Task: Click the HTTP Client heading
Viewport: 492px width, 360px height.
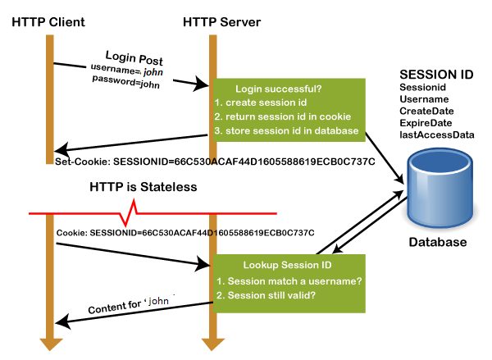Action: [48, 21]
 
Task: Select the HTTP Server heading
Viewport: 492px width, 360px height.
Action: [214, 21]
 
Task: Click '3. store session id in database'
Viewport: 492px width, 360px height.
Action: [286, 131]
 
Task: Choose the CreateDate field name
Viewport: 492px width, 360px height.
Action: [426, 111]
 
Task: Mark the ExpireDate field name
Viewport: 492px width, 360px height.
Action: [426, 122]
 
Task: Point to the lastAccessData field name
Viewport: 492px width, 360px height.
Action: [436, 134]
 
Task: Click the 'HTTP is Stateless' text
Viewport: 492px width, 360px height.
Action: [143, 187]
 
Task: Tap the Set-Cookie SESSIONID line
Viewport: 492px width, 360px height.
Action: [215, 161]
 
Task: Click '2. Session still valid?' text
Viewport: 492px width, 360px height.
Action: [267, 294]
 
